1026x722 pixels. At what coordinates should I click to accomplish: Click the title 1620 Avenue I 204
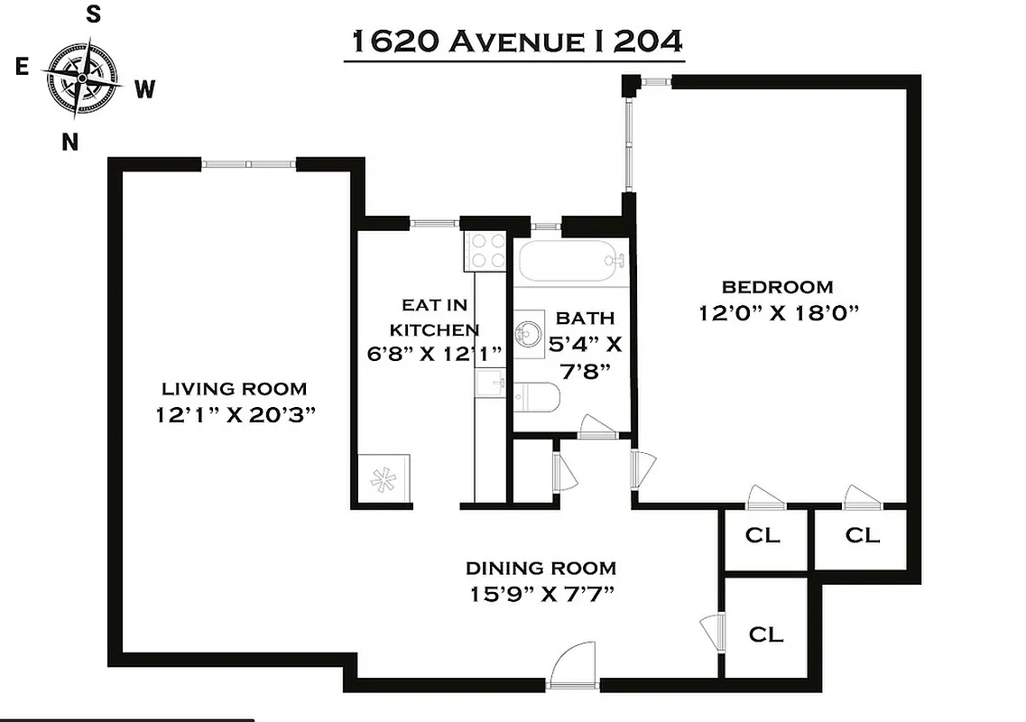513,42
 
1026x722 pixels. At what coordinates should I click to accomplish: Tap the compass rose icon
81,79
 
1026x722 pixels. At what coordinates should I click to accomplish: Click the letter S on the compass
92,14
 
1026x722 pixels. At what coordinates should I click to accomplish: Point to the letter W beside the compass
144,88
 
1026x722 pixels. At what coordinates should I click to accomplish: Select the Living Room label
234,389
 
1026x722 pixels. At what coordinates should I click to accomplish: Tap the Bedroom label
777,287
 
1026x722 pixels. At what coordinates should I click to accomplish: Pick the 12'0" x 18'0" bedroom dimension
777,313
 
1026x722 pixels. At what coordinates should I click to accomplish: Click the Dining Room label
541,568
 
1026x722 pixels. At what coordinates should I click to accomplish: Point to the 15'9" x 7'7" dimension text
541,595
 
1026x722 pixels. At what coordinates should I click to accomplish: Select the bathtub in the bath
571,262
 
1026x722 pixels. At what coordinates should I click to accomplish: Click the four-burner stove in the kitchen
487,251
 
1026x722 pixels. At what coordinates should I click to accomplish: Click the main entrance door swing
571,669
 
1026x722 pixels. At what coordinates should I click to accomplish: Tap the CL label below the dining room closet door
765,634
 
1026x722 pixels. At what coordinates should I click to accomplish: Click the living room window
248,164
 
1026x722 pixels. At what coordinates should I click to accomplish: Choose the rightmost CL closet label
862,535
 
